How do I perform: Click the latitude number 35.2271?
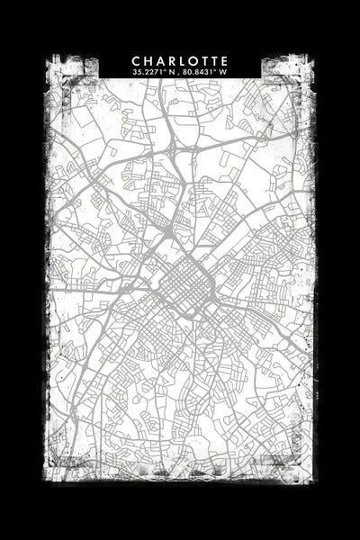(147, 72)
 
